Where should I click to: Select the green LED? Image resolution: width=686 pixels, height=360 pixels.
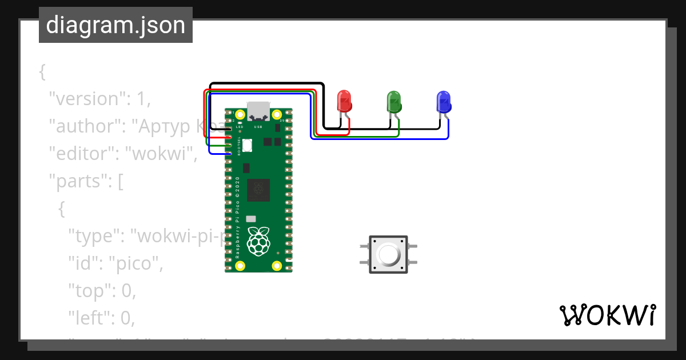[394, 101]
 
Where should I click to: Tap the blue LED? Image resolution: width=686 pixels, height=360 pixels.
[443, 101]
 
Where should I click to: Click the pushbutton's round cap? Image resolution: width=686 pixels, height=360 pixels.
[388, 254]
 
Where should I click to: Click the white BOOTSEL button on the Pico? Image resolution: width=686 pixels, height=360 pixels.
[247, 145]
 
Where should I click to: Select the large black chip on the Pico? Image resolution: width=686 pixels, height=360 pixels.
[258, 190]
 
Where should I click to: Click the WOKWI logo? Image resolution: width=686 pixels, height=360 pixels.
[607, 315]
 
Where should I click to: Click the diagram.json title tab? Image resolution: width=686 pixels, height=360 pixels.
[115, 26]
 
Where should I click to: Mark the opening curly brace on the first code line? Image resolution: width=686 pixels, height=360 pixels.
[42, 71]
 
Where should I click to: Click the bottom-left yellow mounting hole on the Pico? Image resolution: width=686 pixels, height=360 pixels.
[240, 266]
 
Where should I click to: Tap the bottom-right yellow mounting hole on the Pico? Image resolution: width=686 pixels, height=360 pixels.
[277, 266]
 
